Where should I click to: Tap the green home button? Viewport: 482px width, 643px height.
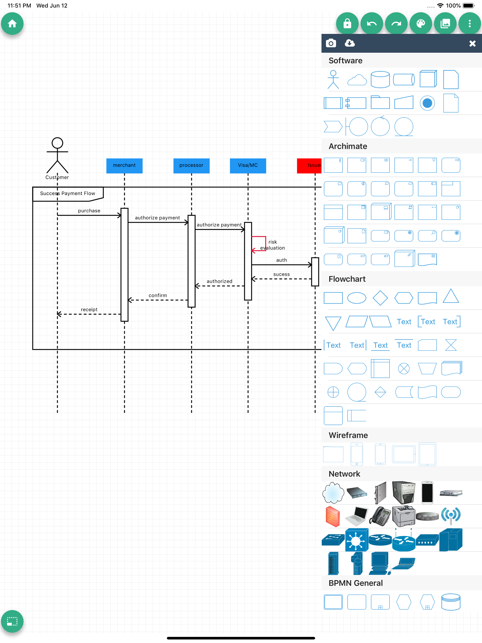[12, 24]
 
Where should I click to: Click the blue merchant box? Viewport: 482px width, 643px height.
[125, 165]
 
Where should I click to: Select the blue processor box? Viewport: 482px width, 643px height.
[191, 165]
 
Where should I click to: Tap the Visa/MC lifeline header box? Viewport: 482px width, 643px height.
[248, 165]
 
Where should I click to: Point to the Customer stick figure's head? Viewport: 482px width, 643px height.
[57, 143]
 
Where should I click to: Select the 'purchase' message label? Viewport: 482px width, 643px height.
[89, 211]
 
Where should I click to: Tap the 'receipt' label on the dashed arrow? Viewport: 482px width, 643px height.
[89, 309]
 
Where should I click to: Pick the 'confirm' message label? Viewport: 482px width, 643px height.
[157, 295]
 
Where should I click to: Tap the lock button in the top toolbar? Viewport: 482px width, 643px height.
[347, 24]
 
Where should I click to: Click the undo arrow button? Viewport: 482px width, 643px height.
[372, 24]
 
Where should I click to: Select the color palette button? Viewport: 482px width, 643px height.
[420, 24]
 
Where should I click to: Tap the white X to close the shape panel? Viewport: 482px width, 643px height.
[472, 44]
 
